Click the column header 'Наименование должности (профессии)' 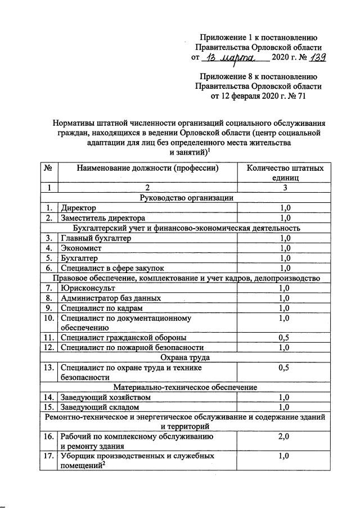coord(147,167)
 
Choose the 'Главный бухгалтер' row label coord(96,238)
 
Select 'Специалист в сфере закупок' coord(112,268)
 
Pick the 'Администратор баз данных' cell coord(111,298)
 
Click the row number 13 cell coord(49,368)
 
